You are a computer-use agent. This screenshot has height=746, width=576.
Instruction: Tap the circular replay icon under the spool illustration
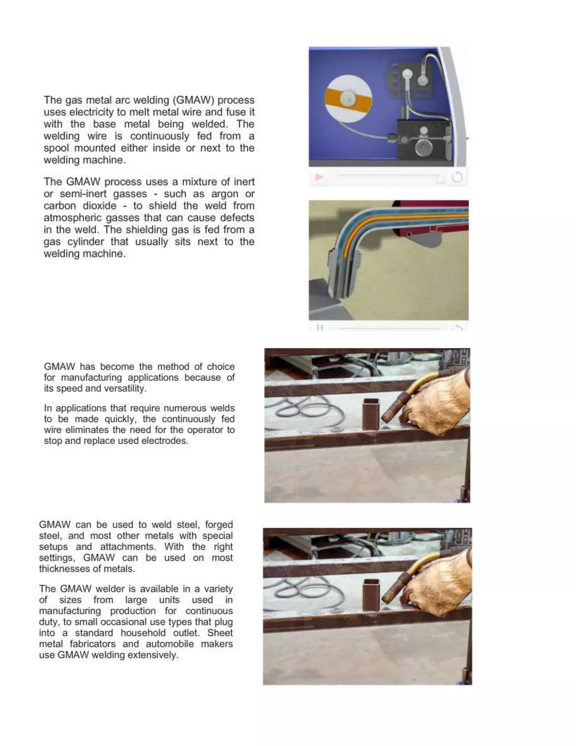pos(457,177)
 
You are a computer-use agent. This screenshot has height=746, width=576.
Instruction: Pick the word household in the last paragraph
pos(143,633)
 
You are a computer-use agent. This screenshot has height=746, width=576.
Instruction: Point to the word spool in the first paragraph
pos(56,148)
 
